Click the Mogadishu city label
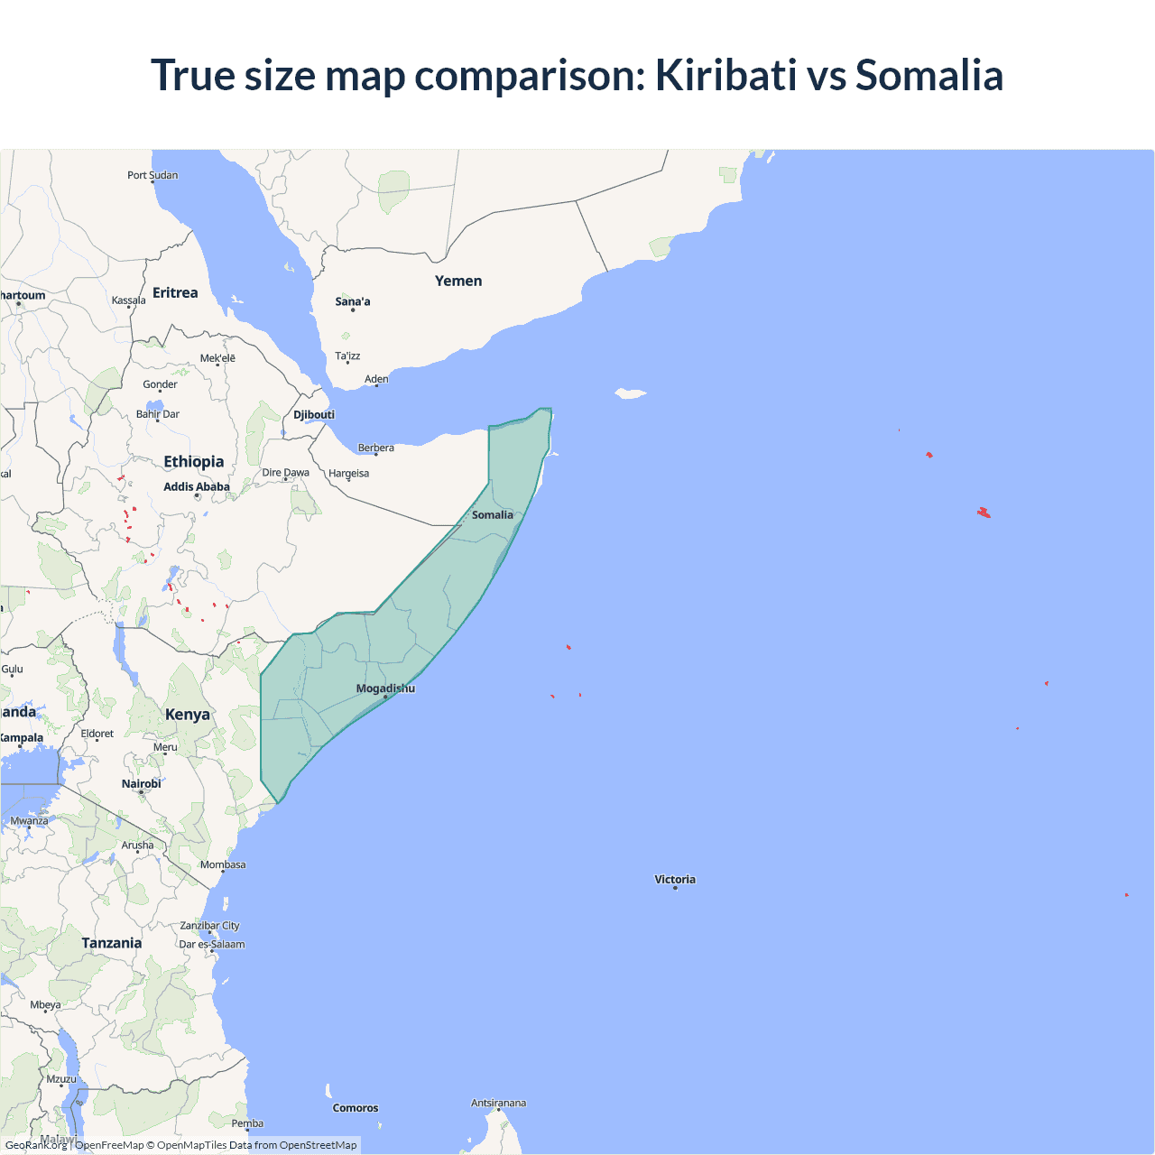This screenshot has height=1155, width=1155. [x=385, y=688]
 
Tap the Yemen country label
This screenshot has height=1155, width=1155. [x=458, y=281]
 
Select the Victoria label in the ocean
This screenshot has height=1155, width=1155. [x=675, y=879]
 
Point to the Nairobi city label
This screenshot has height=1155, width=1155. [x=142, y=783]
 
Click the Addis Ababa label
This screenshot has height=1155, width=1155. [x=197, y=486]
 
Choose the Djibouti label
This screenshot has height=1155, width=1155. [x=314, y=414]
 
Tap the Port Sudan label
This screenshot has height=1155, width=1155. [x=152, y=175]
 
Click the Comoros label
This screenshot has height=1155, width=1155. [x=356, y=1108]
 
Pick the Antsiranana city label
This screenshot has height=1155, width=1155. [x=498, y=1103]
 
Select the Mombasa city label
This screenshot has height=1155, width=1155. [x=223, y=864]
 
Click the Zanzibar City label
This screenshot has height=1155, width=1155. [x=209, y=925]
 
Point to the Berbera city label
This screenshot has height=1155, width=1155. [x=375, y=448]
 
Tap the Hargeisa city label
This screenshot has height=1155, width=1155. [x=348, y=473]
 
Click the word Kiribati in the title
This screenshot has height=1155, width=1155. [x=725, y=75]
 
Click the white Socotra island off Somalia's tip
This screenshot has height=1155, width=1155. [x=631, y=393]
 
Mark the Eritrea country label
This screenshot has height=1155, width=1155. [x=175, y=292]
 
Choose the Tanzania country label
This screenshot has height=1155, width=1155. [x=112, y=943]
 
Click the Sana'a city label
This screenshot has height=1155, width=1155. [x=353, y=301]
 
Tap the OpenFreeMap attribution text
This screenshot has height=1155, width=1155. [x=109, y=1145]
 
